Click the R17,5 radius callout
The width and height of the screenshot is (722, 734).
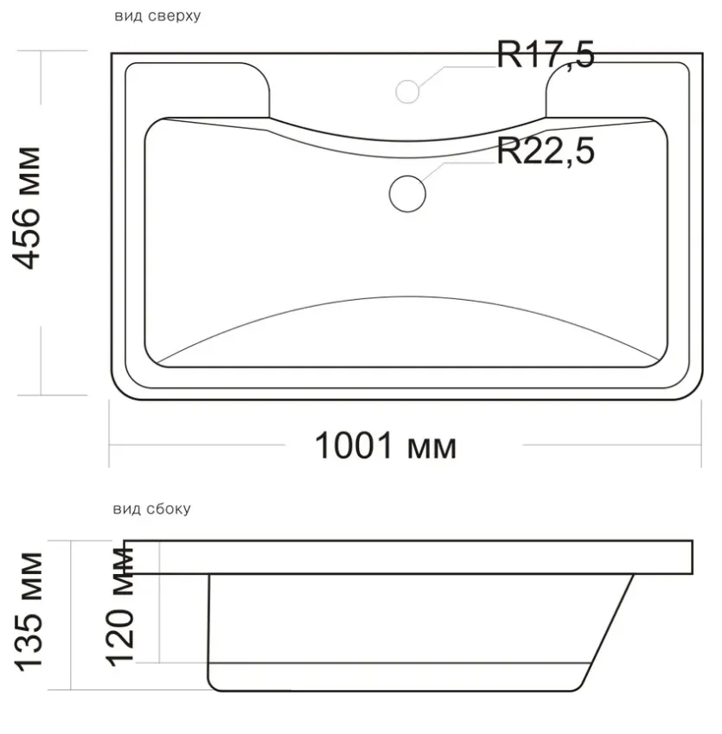pyautogui.click(x=546, y=54)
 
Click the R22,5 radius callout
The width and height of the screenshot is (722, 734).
pyautogui.click(x=546, y=150)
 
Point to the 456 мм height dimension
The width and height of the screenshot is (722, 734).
pyautogui.click(x=27, y=208)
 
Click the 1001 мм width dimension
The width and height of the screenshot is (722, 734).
pyautogui.click(x=386, y=445)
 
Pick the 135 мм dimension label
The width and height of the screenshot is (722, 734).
pyautogui.click(x=28, y=612)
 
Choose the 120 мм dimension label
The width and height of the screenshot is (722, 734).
pyautogui.click(x=120, y=607)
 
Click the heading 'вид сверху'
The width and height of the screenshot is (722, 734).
pyautogui.click(x=157, y=16)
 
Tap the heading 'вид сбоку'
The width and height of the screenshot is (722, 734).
pyautogui.click(x=151, y=508)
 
